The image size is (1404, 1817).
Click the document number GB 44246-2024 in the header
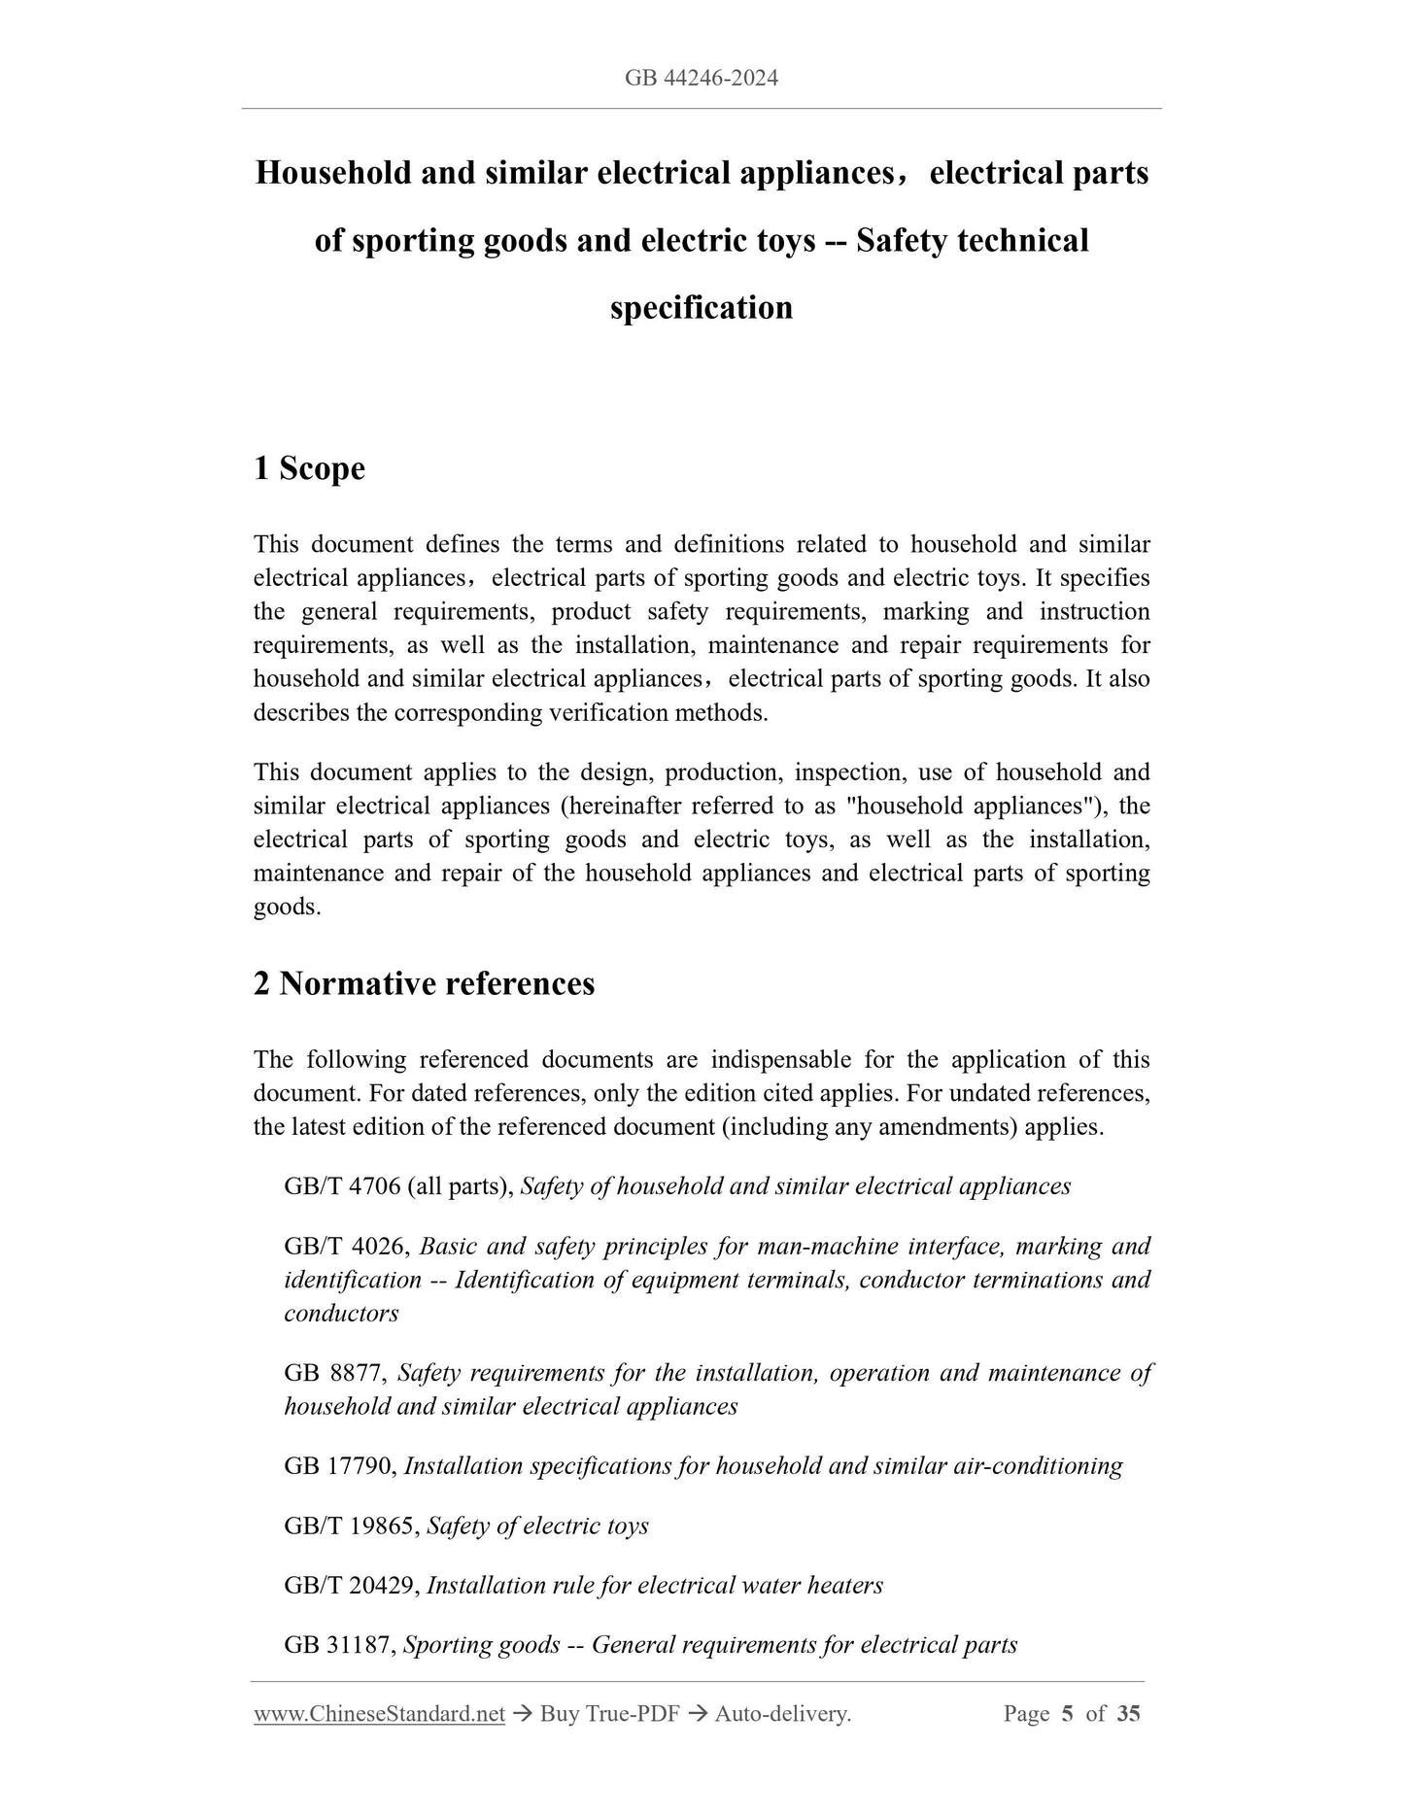click(x=701, y=78)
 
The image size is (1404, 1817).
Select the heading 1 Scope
click(x=309, y=468)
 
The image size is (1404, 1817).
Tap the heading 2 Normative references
click(x=424, y=983)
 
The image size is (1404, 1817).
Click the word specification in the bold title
click(x=701, y=308)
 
